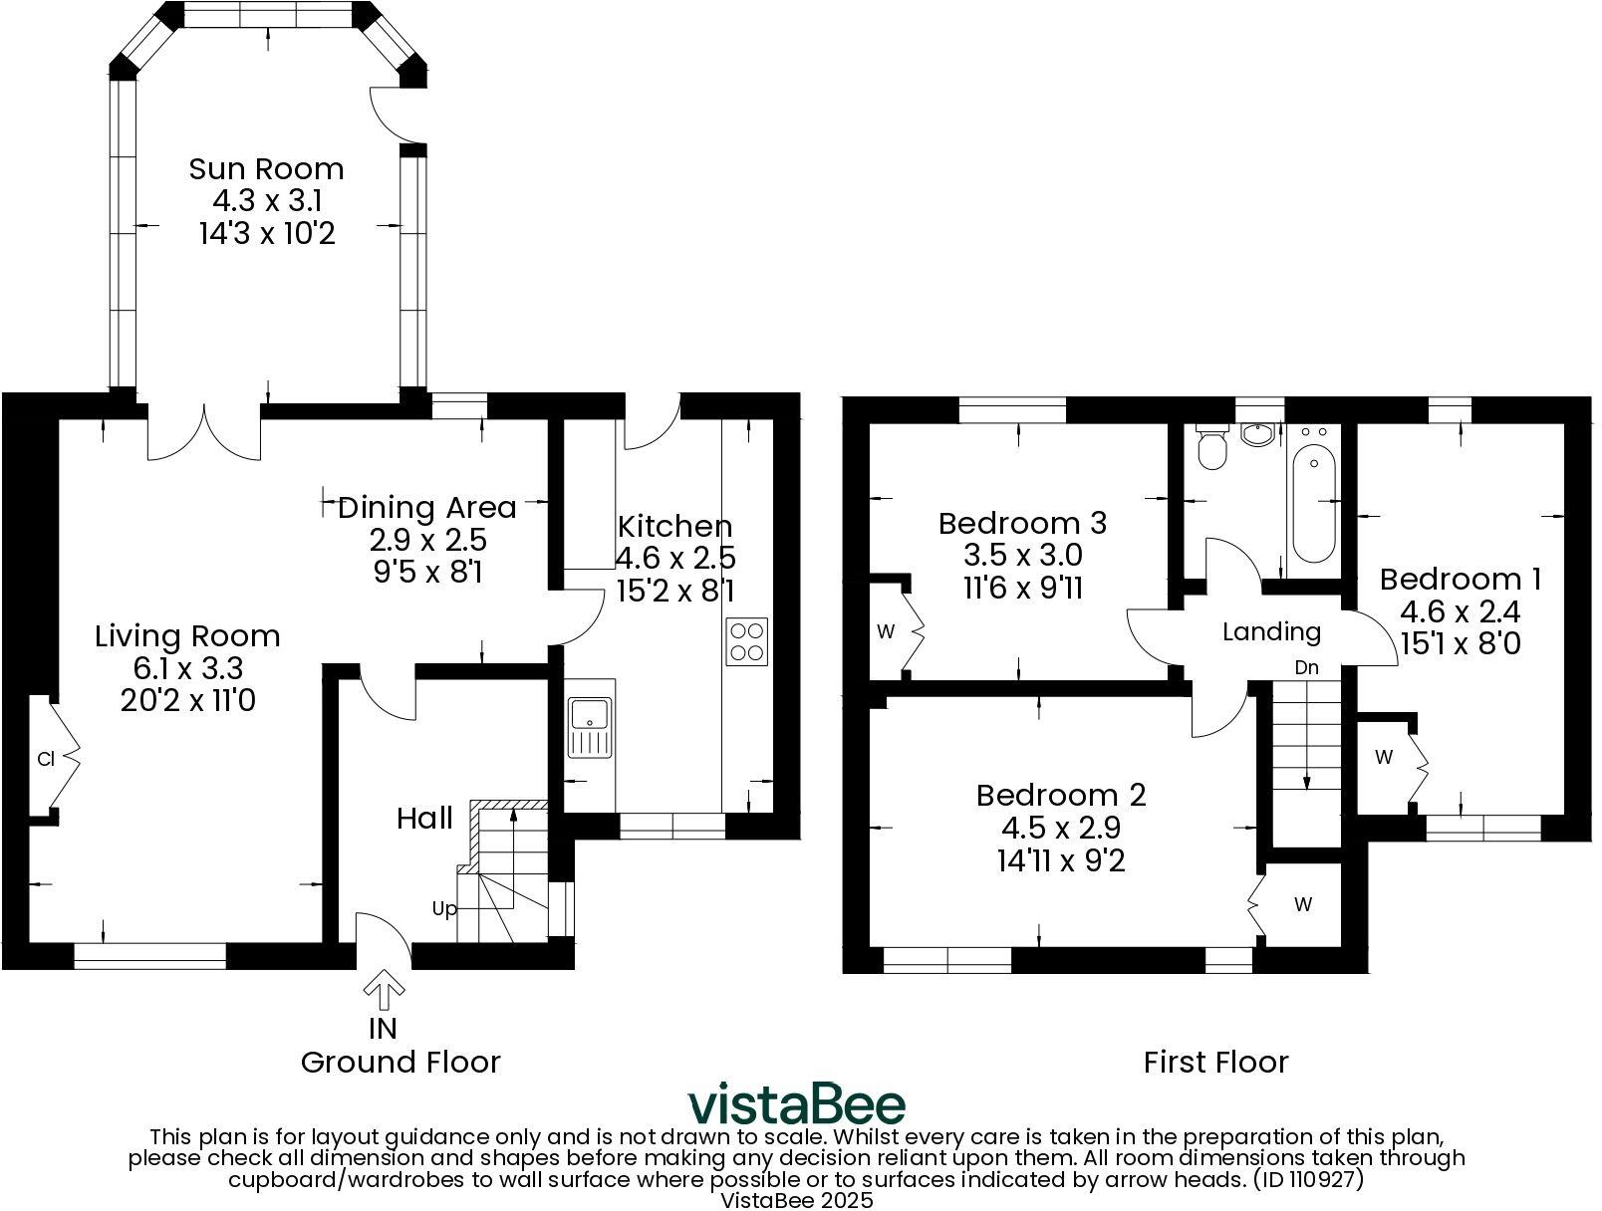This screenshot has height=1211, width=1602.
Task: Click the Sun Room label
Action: pyautogui.click(x=266, y=168)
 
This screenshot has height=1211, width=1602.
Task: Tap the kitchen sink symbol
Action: pyautogui.click(x=590, y=728)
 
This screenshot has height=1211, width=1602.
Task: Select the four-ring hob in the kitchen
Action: pyautogui.click(x=747, y=641)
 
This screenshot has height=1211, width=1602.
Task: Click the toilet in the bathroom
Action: pyautogui.click(x=1211, y=449)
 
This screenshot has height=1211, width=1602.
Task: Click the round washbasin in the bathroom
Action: pyautogui.click(x=1258, y=434)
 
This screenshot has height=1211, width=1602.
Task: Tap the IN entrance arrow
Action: pyautogui.click(x=383, y=992)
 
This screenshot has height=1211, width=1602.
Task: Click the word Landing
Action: pyautogui.click(x=1271, y=631)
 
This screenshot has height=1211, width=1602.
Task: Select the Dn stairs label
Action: pyautogui.click(x=1306, y=668)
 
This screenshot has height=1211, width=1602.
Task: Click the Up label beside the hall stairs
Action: pyautogui.click(x=444, y=908)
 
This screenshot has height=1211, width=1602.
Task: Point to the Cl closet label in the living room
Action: pyautogui.click(x=45, y=759)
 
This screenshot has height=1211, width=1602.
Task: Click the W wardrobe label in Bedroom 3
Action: pyautogui.click(x=885, y=631)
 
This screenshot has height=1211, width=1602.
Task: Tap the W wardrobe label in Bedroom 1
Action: pyautogui.click(x=1383, y=758)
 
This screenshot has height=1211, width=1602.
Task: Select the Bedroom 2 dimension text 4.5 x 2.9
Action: pyautogui.click(x=1061, y=828)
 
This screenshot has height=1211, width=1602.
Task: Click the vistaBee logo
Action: pyautogui.click(x=797, y=1104)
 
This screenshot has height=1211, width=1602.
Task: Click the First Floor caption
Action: pyautogui.click(x=1215, y=1063)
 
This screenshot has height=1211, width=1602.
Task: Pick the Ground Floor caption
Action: pyautogui.click(x=400, y=1063)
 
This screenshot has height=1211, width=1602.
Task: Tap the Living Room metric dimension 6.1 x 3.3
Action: pyautogui.click(x=186, y=668)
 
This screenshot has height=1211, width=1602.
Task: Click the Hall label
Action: pyautogui.click(x=424, y=819)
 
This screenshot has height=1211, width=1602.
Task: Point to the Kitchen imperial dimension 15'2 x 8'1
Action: pyautogui.click(x=675, y=591)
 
